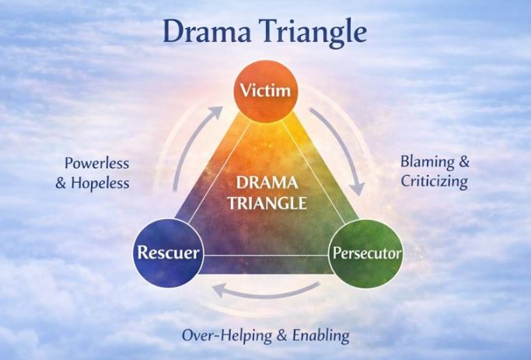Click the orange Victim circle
pos(266,91)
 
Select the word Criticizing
pos(434,182)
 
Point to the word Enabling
pos(320,336)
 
